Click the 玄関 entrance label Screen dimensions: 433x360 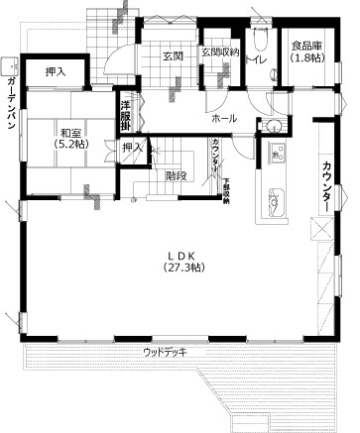175,56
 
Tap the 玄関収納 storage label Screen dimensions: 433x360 219,52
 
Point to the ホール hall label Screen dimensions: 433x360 223,117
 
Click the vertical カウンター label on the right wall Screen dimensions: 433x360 325,184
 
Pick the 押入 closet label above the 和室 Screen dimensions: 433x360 56,72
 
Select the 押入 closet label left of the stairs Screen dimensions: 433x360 131,148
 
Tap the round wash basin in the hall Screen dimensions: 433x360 272,125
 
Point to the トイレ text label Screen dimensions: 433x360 255,63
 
